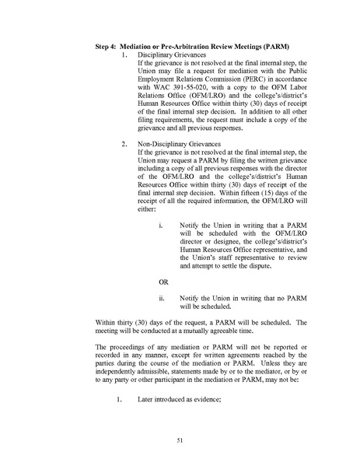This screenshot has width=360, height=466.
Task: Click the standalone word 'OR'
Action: tap(163, 280)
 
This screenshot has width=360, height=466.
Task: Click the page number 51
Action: tap(179, 441)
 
